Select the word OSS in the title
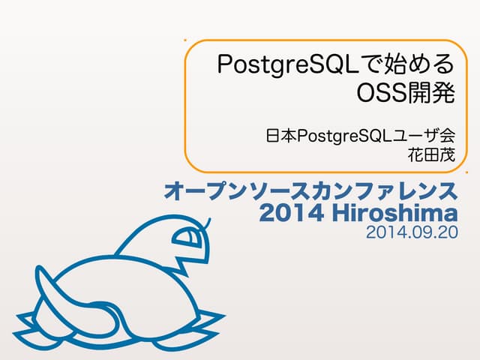pyautogui.click(x=382, y=95)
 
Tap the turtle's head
pyautogui.click(x=180, y=240)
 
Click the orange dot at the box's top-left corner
pyautogui.click(x=185, y=40)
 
